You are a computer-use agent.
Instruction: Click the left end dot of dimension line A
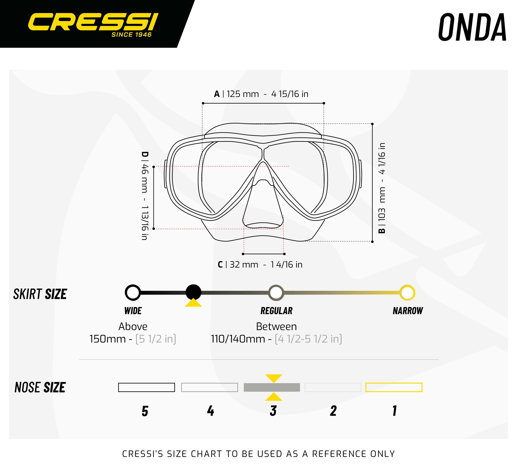pos(203,103)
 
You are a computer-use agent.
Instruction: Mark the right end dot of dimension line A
pos(324,103)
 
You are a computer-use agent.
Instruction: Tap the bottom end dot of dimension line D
pos(154,229)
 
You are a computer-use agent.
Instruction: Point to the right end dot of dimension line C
pos(285,254)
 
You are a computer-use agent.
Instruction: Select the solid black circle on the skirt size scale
pos(193,292)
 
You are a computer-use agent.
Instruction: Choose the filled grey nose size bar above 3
pos(272,387)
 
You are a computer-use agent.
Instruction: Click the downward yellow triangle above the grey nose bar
pos(274,378)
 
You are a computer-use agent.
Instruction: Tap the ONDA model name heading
pos(472,27)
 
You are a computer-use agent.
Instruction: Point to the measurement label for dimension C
pos(260,264)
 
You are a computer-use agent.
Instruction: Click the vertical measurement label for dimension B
pos(382,188)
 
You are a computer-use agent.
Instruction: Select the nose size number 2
pos(333,411)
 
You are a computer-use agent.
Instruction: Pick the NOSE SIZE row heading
pos(40,387)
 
